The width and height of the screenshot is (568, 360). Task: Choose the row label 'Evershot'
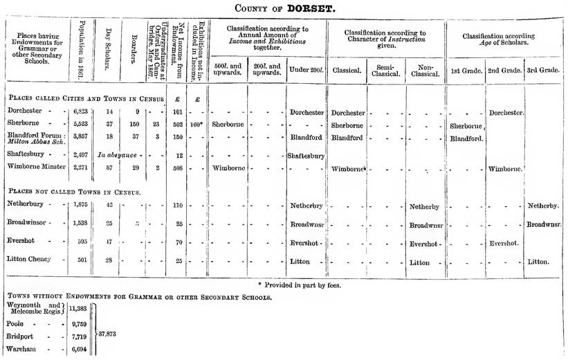[27, 242]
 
